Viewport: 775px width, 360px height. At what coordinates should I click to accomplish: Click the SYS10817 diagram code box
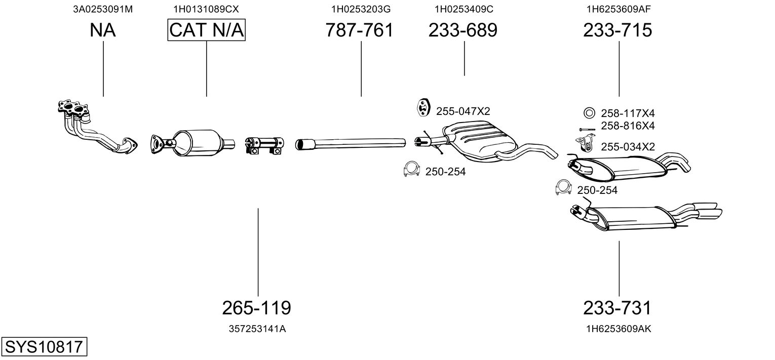pos(44,347)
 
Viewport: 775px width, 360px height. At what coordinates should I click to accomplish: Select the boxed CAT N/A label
pos(206,30)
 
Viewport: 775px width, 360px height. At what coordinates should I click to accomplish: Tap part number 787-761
pos(359,30)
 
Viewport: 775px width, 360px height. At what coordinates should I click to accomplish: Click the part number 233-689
pos(463,30)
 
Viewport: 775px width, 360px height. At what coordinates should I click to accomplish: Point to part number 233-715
pos(617,30)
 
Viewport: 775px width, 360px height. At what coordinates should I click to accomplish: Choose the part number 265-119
pos(257,307)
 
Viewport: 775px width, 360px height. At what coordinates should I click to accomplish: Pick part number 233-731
pos(617,307)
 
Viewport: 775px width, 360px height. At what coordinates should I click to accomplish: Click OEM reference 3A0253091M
pos(103,9)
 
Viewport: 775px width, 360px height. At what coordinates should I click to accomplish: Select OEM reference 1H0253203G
pos(361,9)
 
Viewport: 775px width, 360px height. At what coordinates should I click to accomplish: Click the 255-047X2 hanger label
pos(463,111)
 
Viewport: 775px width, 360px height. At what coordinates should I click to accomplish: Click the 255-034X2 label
pos(628,147)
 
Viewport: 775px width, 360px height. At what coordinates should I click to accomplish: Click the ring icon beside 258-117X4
pos(589,113)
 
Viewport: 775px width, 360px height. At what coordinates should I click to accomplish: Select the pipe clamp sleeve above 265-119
pos(263,145)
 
